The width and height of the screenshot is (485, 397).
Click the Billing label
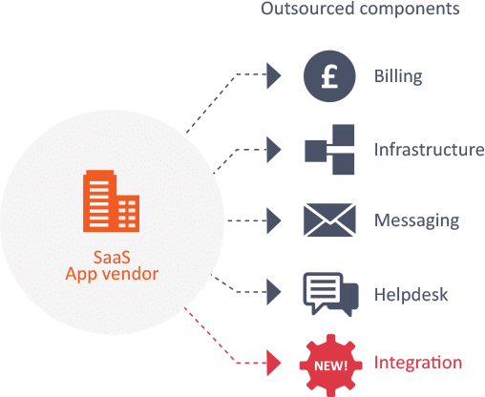click(398, 76)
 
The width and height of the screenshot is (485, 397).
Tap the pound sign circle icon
click(329, 76)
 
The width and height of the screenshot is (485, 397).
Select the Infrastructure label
click(429, 150)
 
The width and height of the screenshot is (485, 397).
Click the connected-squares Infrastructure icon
click(329, 150)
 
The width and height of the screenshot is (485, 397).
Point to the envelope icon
click(329, 219)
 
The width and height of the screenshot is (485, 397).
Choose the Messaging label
click(417, 220)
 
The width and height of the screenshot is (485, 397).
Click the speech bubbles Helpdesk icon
click(330, 294)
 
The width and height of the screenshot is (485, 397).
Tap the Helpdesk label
click(411, 294)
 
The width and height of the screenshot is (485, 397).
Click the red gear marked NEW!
click(330, 366)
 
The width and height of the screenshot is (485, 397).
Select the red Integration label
click(418, 363)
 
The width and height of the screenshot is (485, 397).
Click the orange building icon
click(111, 201)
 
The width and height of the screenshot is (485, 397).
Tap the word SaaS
click(112, 257)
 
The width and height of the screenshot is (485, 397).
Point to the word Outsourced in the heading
click(307, 9)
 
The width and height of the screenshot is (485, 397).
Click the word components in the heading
click(410, 10)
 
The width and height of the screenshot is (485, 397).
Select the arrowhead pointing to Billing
click(274, 75)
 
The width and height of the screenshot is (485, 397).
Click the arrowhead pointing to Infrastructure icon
click(274, 150)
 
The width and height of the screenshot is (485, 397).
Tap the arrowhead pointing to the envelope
click(274, 220)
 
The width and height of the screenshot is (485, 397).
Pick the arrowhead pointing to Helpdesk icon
click(274, 292)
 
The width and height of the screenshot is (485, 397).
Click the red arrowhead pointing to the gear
click(274, 363)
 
